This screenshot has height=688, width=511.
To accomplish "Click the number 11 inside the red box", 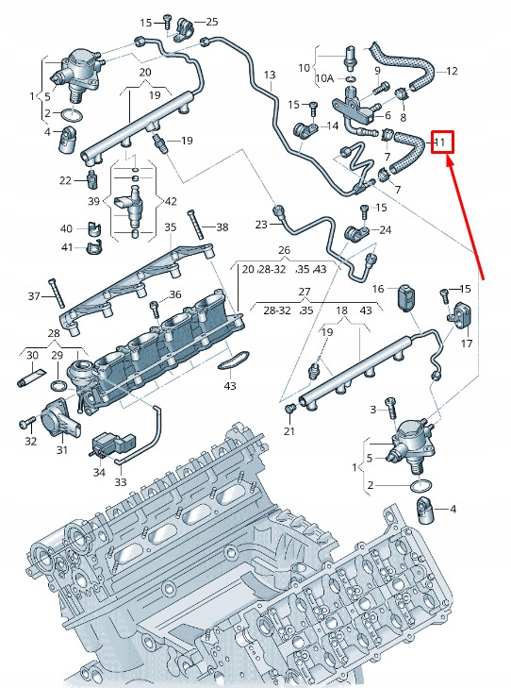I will (x=439, y=143).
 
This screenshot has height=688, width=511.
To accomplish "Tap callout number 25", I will (x=211, y=22).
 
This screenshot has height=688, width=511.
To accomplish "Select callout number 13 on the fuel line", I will (x=270, y=75).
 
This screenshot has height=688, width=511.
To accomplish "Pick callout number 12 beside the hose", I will (x=452, y=71).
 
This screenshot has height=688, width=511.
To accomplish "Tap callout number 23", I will (x=261, y=224).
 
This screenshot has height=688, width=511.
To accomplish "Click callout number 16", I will (x=377, y=288).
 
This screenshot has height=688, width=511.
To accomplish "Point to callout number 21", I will (x=289, y=431).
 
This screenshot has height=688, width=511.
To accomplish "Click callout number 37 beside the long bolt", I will (x=34, y=296).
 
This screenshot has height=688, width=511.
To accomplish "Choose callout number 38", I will (x=222, y=227).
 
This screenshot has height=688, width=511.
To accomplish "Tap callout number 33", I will (x=120, y=481).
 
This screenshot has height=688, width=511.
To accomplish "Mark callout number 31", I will (x=62, y=449).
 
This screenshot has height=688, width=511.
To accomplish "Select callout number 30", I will (x=31, y=355).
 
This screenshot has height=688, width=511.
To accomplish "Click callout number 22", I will (x=65, y=180).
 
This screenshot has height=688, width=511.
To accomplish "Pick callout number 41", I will (x=66, y=247).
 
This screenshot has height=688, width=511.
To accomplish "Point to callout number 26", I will (x=283, y=250).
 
